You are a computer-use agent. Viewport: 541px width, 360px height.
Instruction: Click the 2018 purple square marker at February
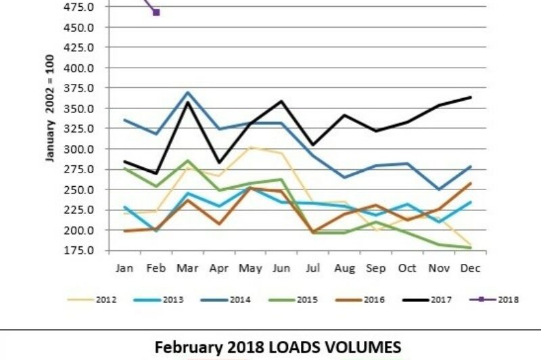pos(156,12)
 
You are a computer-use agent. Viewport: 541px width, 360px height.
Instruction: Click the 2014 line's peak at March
pos(187,93)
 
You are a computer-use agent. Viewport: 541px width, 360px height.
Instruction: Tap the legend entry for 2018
pos(505,299)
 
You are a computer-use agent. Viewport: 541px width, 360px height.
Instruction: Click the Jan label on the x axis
pos(124,269)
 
